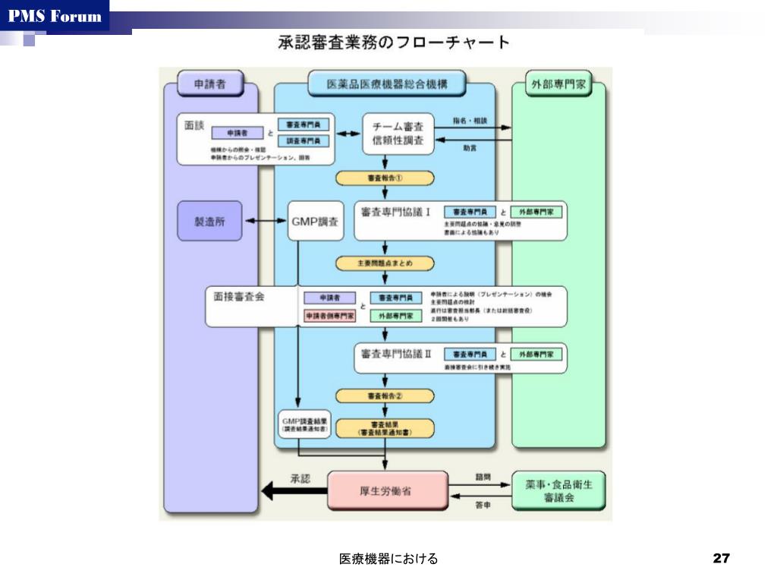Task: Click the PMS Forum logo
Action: [54, 16]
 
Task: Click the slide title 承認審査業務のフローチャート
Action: [393, 43]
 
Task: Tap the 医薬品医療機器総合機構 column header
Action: [386, 84]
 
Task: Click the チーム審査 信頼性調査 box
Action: [398, 134]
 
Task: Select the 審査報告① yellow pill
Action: [385, 178]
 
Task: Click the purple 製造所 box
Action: [209, 221]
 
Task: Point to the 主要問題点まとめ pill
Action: [385, 263]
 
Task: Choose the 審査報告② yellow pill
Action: [385, 395]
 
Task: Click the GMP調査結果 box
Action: [304, 424]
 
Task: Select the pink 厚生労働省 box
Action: [388, 490]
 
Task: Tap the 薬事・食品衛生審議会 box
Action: [558, 490]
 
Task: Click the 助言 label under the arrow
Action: [470, 149]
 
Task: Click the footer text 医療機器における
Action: [388, 559]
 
